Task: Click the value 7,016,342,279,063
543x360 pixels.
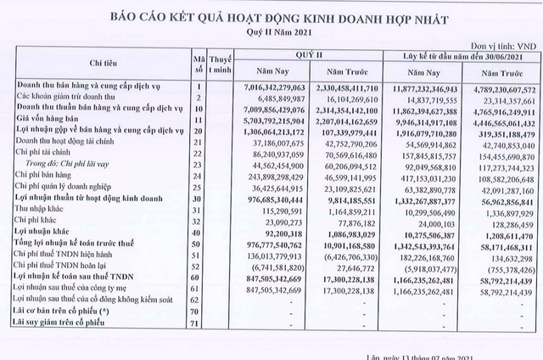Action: [x=270, y=87]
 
